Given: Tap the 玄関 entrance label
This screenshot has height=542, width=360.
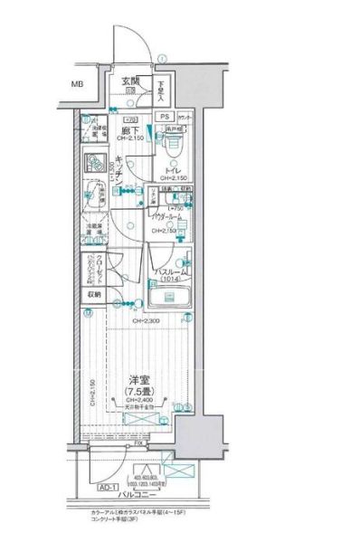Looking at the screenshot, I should pos(131,81).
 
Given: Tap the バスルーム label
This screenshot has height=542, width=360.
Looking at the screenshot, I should pos(170,271).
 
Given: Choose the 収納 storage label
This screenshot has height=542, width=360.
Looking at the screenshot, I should pos(95,294).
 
